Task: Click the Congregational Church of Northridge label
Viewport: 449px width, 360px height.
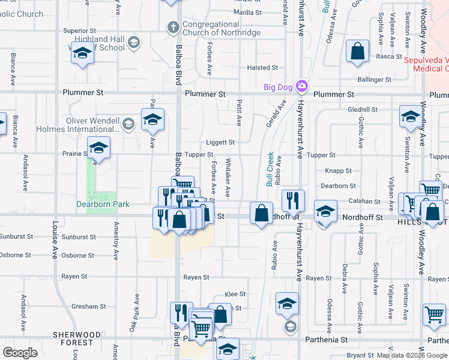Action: [221, 28]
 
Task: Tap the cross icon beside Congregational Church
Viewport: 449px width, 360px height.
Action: [173, 27]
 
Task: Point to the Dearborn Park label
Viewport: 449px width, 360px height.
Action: [103, 204]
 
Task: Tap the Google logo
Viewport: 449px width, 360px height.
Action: [20, 353]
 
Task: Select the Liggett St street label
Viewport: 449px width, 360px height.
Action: [220, 143]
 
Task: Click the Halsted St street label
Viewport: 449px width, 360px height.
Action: [262, 68]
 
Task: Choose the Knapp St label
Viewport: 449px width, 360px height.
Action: [339, 171]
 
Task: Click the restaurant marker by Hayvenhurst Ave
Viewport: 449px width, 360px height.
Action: [293, 200]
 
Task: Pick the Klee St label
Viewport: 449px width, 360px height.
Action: [235, 294]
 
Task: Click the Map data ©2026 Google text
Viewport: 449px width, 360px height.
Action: [411, 355]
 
